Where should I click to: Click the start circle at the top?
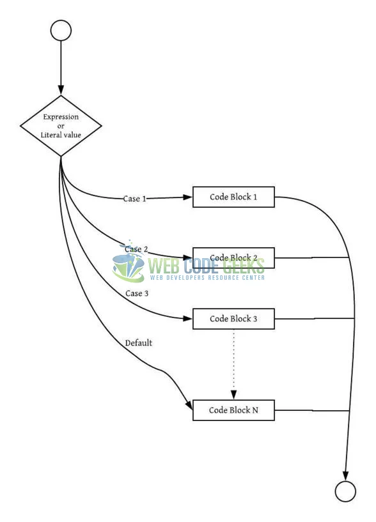[61, 31]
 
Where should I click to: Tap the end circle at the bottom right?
[345, 491]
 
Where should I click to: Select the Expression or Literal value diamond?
[61, 126]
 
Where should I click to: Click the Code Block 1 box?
[233, 197]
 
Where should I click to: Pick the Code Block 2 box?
[233, 257]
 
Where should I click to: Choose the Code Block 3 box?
[233, 318]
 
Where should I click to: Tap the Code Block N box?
[233, 410]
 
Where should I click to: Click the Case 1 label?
[134, 199]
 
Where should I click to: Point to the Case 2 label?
[136, 249]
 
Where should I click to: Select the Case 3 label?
[136, 293]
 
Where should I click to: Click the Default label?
[139, 343]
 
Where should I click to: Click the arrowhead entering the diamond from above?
[61, 90]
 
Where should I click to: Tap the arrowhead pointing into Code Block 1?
[187, 197]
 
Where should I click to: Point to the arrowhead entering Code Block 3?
[187, 318]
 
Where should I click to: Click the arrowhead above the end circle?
[345, 476]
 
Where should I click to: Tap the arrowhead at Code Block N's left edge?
[189, 406]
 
